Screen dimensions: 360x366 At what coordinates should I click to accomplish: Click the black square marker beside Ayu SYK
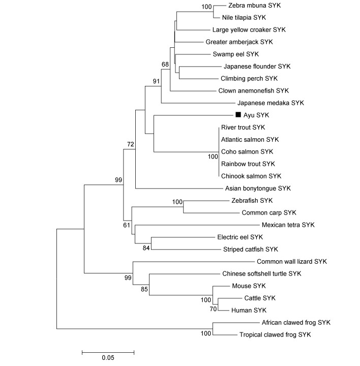[238, 114]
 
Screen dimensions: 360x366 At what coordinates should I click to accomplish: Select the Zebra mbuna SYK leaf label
[254, 6]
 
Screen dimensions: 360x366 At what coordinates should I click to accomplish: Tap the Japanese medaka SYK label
[271, 103]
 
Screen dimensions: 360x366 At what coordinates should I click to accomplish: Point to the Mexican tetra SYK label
[288, 225]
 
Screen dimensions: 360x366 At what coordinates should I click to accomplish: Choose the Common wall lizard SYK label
[292, 261]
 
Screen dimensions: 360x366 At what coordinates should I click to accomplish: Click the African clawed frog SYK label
[296, 323]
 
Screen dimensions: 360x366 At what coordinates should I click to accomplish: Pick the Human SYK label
[249, 310]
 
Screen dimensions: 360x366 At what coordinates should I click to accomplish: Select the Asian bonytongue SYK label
[258, 189]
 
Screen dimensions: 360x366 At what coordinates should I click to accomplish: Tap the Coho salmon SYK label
[247, 151]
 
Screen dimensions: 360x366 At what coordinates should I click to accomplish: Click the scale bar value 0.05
[108, 357]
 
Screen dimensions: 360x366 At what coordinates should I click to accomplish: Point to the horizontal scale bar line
[108, 352]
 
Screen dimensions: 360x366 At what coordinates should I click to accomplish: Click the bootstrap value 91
[156, 81]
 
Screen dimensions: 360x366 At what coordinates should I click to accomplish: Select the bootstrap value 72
[131, 144]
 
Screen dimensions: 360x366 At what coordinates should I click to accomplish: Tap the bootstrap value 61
[127, 225]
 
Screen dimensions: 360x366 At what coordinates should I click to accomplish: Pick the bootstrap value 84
[146, 248]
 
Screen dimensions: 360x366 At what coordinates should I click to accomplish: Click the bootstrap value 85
[144, 289]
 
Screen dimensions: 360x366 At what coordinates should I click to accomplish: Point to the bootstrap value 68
[165, 64]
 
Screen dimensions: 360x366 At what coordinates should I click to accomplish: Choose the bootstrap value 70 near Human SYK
[213, 309]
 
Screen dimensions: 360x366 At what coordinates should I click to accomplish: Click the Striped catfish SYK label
[251, 249]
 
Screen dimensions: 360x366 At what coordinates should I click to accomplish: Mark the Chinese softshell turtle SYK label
[262, 273]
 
